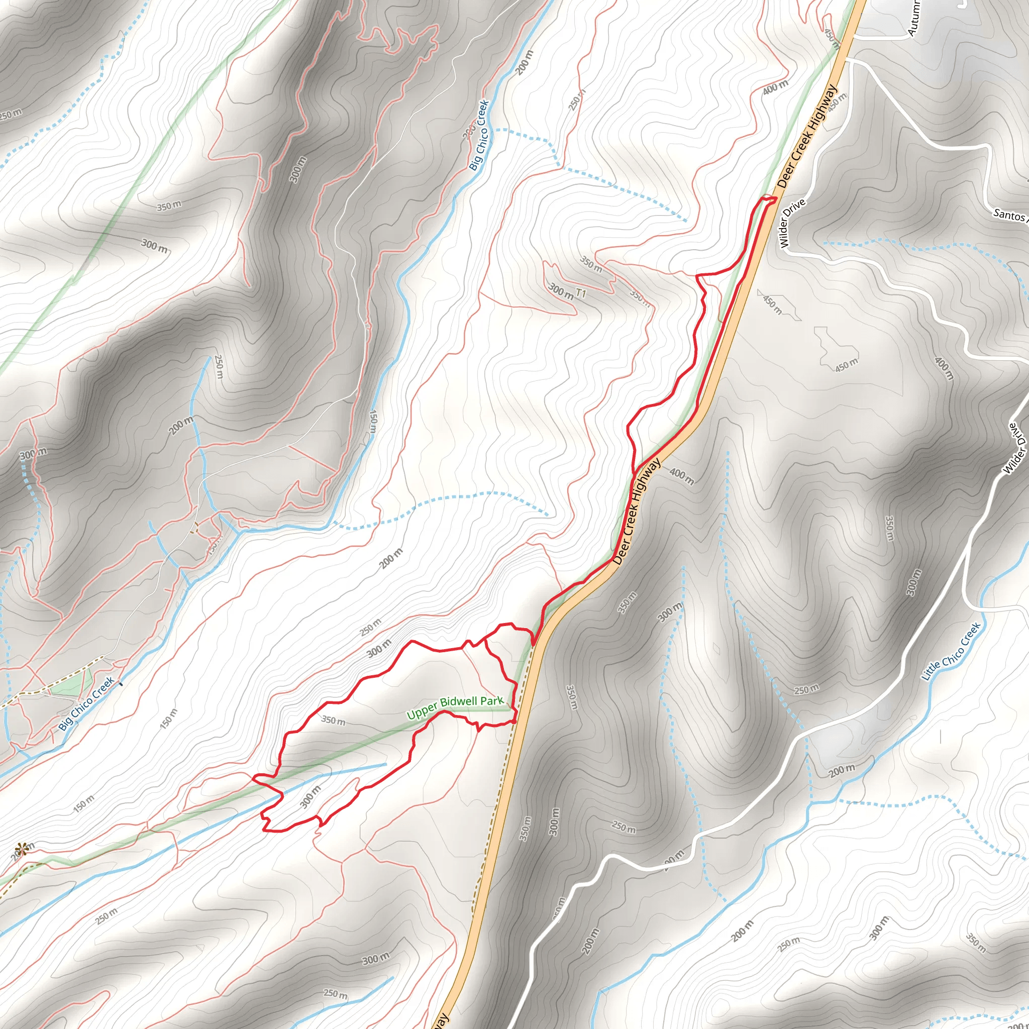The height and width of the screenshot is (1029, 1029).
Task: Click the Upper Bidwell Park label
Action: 455,707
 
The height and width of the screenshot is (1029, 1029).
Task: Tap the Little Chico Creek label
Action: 951,652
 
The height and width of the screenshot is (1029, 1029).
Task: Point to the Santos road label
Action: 1010,215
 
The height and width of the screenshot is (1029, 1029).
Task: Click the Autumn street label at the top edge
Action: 912,18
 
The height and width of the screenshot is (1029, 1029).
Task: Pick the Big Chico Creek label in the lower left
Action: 86,703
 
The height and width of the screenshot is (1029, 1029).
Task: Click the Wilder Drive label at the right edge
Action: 1015,448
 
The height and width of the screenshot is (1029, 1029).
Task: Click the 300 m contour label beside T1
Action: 561,291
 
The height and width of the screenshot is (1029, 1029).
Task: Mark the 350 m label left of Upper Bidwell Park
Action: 334,721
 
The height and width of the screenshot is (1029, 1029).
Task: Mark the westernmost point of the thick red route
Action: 252,777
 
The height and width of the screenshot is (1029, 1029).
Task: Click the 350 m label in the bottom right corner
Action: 976,942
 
